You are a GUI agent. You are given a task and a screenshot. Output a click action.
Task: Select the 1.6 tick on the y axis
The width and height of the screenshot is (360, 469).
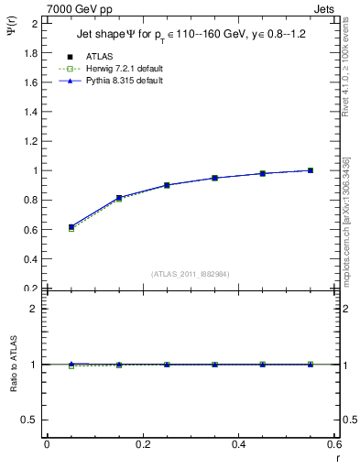pyautogui.click(x=31, y=82)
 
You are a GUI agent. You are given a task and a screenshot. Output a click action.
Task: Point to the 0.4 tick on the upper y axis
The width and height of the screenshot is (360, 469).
pyautogui.click(x=31, y=258)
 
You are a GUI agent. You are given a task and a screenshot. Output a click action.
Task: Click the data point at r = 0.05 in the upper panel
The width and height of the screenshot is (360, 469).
pyautogui.click(x=71, y=226)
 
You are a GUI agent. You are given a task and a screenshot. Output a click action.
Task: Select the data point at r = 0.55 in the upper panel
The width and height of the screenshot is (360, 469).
pyautogui.click(x=311, y=170)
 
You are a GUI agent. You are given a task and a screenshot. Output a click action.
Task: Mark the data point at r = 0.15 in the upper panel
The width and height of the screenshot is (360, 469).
pyautogui.click(x=119, y=198)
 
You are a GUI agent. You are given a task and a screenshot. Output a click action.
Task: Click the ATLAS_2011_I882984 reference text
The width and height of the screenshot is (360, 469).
pyautogui.click(x=191, y=274)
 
